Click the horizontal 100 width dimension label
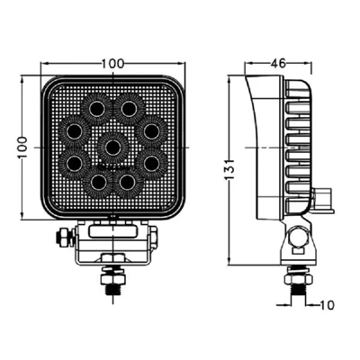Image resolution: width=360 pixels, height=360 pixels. coord(112,63)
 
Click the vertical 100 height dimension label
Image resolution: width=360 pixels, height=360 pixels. coord(22,148)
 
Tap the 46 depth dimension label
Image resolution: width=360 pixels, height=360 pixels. coord(278,63)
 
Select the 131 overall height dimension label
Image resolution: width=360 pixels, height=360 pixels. coord(229,169)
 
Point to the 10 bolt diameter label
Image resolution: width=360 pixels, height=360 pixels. coord(327,305)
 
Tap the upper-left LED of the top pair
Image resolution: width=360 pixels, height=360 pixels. coord(96,108)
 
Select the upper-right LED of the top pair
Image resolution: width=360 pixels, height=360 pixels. coord(129,108)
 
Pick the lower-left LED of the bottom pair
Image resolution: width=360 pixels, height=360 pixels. coord(96,182)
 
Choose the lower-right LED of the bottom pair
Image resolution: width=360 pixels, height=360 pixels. coord(129,182)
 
